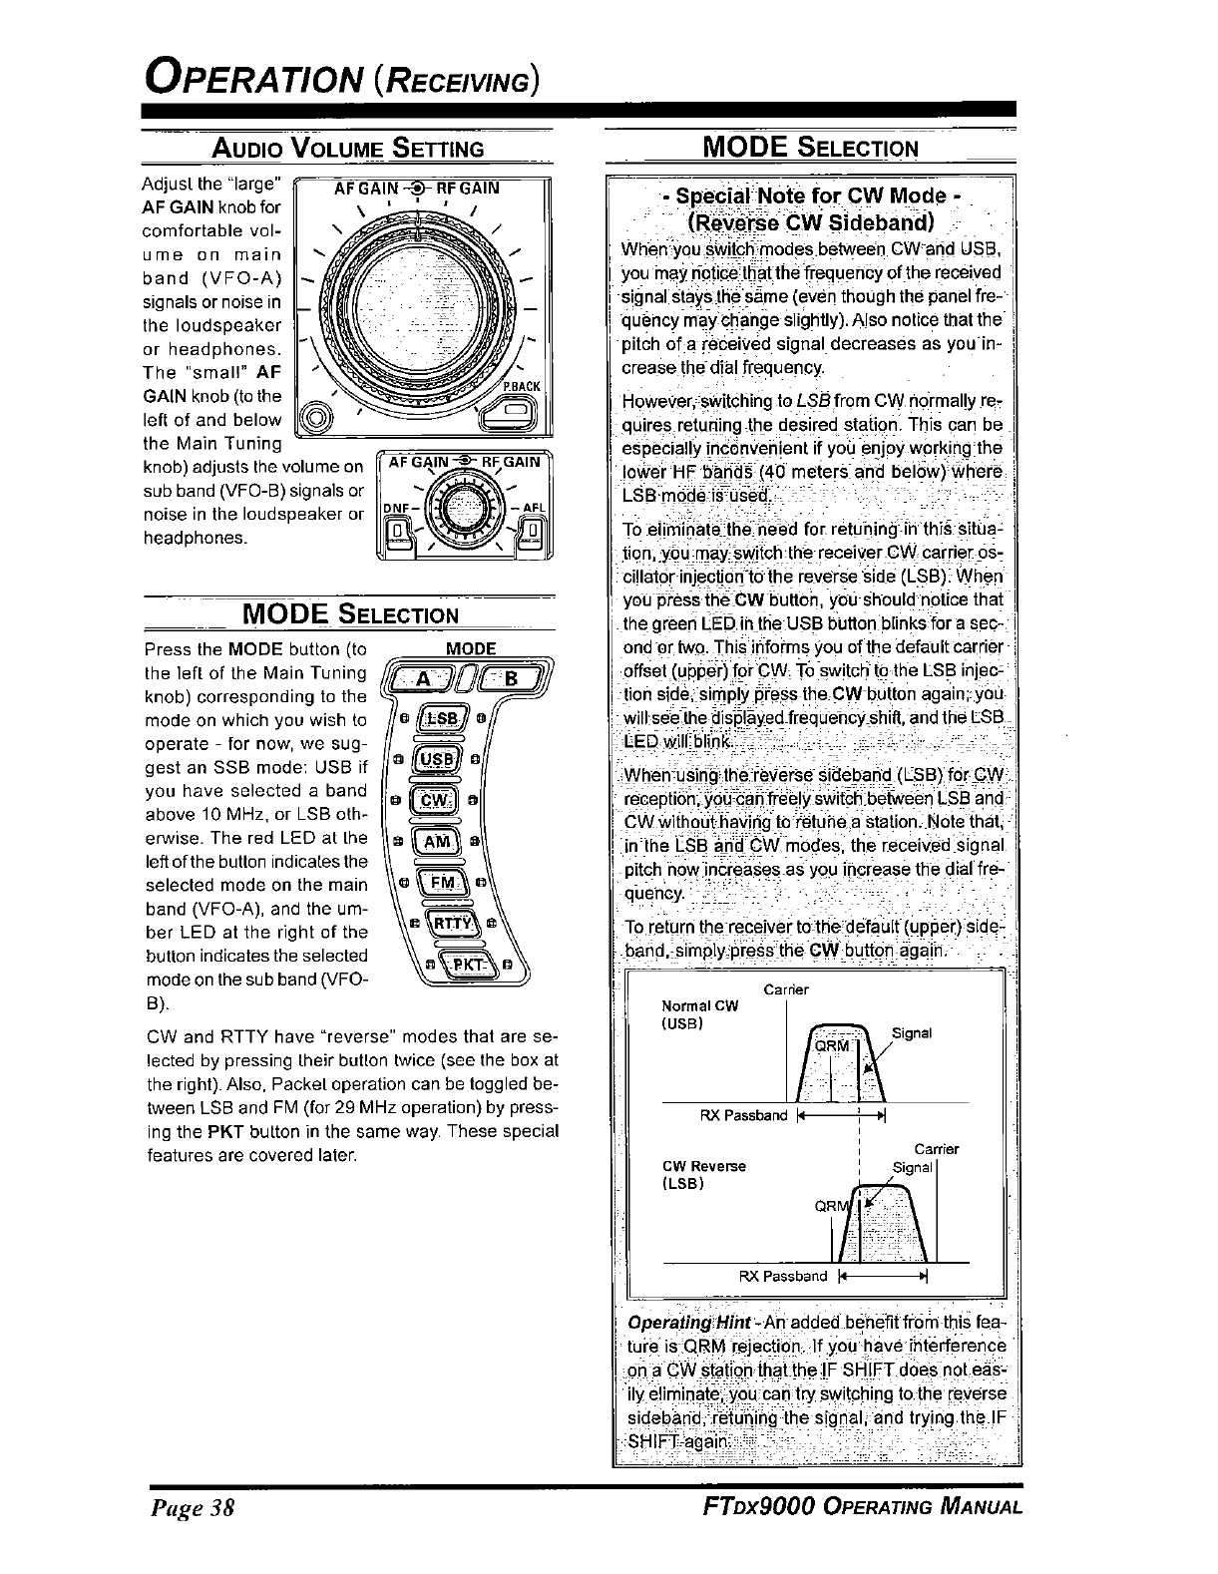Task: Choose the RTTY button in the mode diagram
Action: (x=447, y=924)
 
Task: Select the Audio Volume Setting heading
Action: (x=347, y=150)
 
